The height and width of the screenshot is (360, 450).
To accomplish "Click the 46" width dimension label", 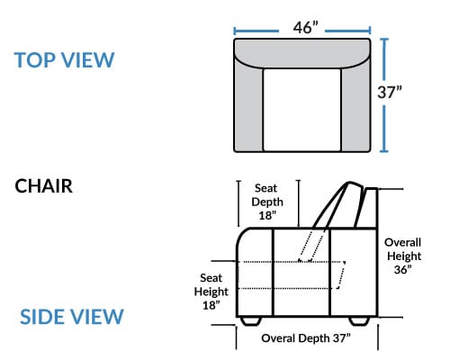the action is [x=305, y=27].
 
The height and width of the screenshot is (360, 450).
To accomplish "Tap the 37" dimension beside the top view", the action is [x=390, y=92].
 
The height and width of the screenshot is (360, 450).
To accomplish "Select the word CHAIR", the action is [x=43, y=186].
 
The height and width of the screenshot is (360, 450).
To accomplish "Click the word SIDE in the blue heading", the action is [x=43, y=317].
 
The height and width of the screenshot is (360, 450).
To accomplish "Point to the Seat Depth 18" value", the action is [x=267, y=215].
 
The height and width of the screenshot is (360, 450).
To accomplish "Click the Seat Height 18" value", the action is [x=211, y=305].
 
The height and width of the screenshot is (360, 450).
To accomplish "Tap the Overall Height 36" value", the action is [x=402, y=269].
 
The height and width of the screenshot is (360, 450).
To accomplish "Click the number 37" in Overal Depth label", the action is [x=341, y=338].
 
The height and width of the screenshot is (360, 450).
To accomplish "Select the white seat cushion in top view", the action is [x=302, y=110].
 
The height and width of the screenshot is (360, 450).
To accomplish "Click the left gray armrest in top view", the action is [x=248, y=106].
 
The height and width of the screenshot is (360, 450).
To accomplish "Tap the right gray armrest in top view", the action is [x=355, y=106].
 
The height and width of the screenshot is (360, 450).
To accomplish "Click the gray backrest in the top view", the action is [x=302, y=52].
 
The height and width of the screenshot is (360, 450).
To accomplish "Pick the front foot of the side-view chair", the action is [x=250, y=320].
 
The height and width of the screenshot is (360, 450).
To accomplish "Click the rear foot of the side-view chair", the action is [x=359, y=320].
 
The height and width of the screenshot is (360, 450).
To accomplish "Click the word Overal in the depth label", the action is [x=278, y=338].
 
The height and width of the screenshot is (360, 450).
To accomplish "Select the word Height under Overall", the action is [x=404, y=256].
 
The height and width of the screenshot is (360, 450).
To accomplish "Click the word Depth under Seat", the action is [x=267, y=202].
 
